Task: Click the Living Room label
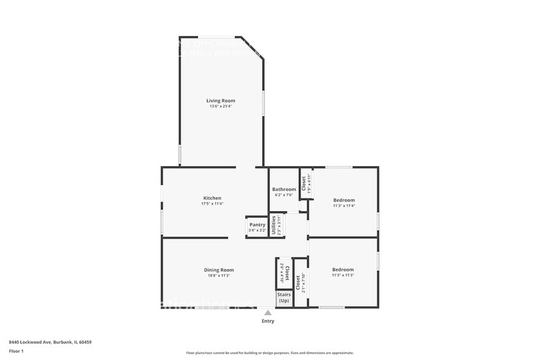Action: (x=220, y=100)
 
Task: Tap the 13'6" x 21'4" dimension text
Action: (x=220, y=106)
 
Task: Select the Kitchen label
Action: (x=212, y=198)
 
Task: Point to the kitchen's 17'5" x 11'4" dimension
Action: (x=212, y=203)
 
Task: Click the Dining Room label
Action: (x=219, y=269)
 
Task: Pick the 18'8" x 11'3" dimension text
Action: (x=219, y=276)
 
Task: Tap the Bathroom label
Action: (x=284, y=189)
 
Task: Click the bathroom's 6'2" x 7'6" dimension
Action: (x=284, y=195)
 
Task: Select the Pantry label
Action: (x=257, y=225)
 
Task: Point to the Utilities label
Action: (x=274, y=225)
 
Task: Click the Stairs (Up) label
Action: (x=284, y=298)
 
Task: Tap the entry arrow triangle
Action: (x=268, y=312)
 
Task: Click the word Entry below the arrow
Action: (x=268, y=321)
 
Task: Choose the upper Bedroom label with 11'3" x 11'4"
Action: (x=344, y=200)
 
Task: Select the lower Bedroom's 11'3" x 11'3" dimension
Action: (x=343, y=276)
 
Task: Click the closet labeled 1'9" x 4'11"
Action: (x=306, y=183)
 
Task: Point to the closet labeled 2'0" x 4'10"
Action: (x=284, y=274)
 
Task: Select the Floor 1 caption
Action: (x=16, y=351)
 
